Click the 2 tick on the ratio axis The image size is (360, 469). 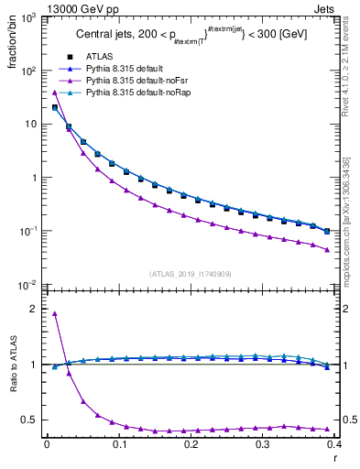36,309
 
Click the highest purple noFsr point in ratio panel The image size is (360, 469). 55,314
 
